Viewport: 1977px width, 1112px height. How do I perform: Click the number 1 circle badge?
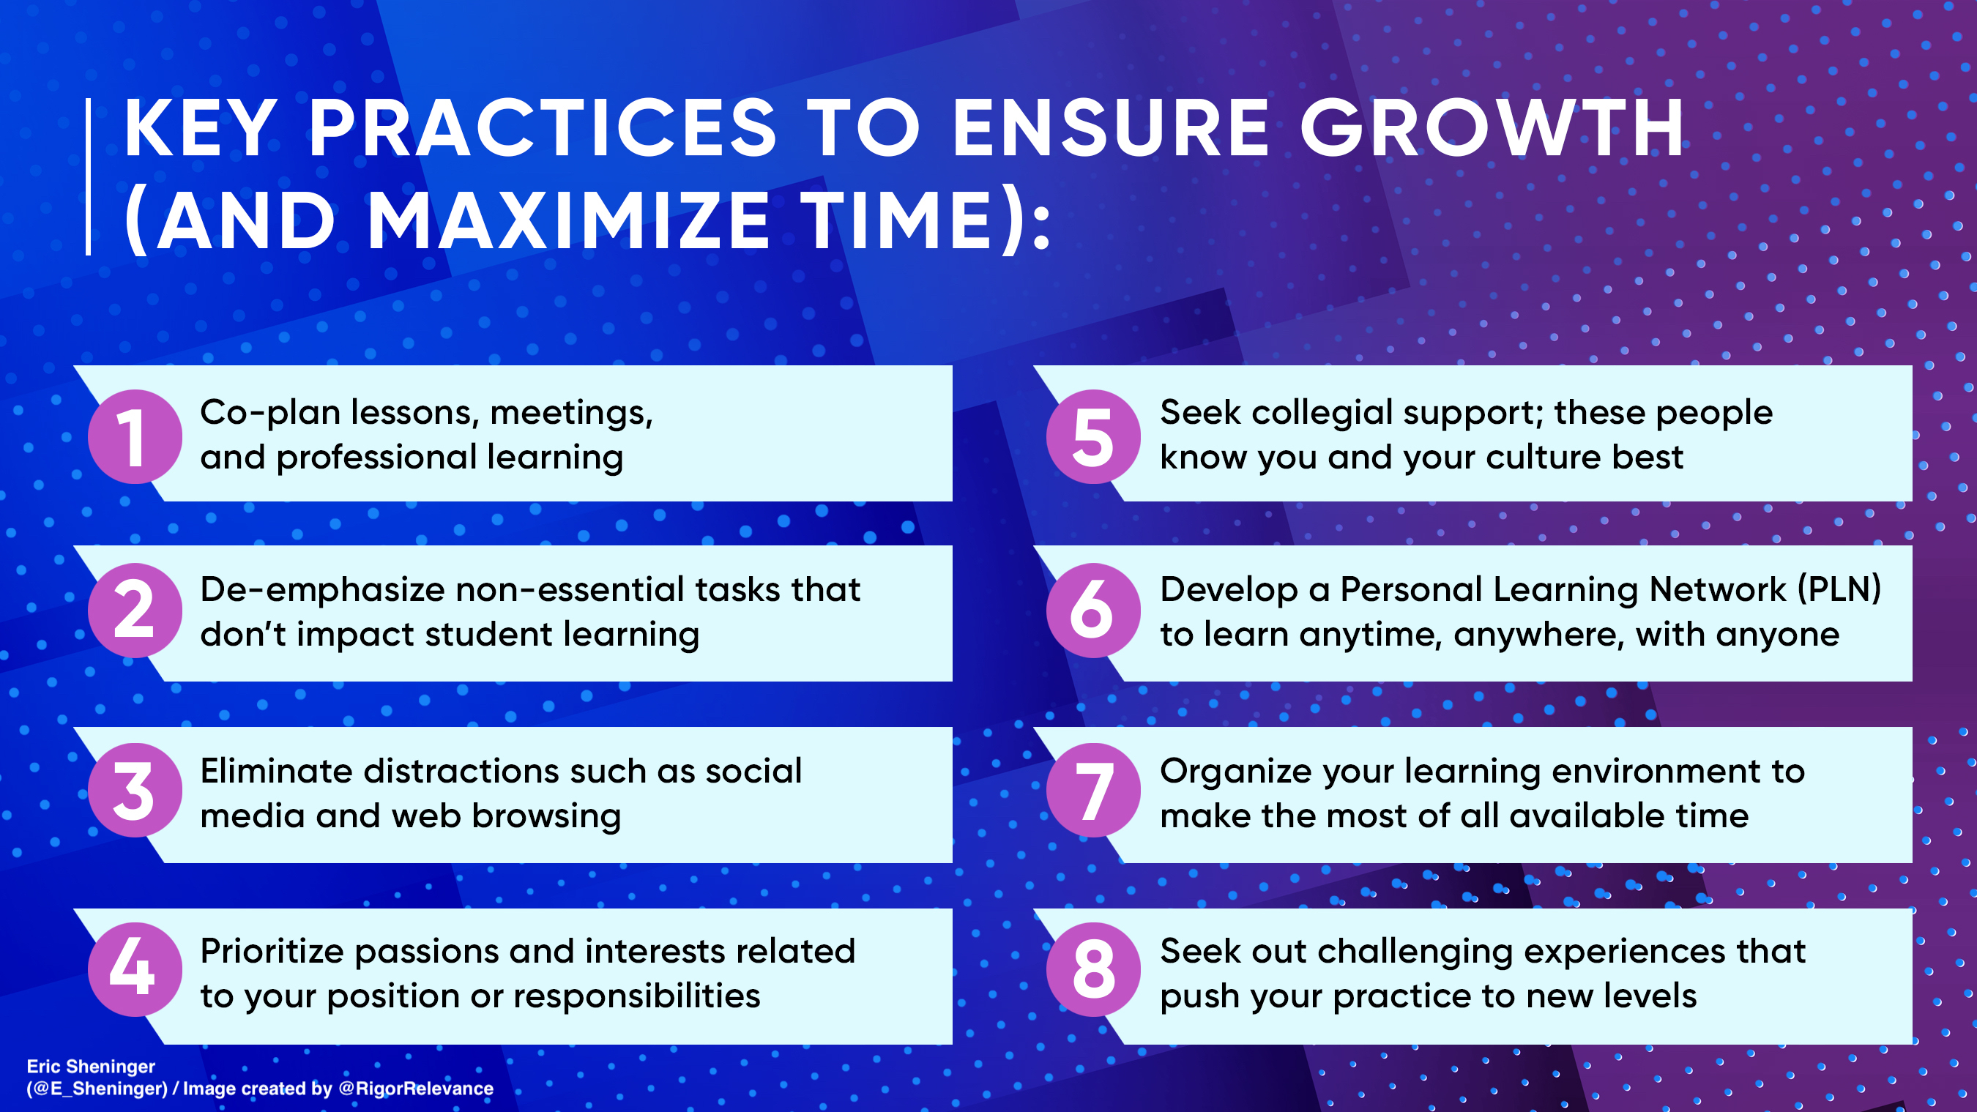135,436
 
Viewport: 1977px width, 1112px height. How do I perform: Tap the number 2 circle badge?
135,610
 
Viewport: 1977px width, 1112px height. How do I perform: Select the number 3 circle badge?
135,791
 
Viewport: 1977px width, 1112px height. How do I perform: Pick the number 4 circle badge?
135,969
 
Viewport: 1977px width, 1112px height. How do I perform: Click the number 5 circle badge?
1093,436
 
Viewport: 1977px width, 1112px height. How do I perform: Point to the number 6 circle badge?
1093,610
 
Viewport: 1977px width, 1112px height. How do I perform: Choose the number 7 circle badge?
1093,791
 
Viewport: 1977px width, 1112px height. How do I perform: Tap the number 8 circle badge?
1093,969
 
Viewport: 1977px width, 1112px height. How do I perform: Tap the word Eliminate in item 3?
276,771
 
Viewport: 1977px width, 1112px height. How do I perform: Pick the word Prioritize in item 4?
271,952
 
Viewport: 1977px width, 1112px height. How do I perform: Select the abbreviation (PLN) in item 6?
1839,590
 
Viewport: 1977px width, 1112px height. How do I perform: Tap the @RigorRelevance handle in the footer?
416,1089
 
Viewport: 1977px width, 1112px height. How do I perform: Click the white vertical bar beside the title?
89,176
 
